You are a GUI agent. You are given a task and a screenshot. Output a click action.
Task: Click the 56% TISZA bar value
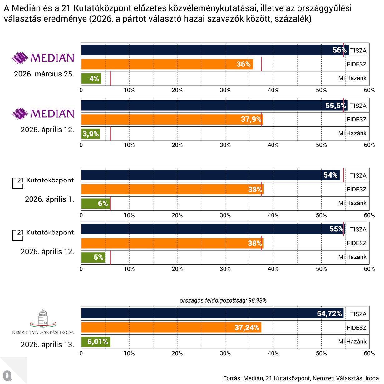coord(339,50)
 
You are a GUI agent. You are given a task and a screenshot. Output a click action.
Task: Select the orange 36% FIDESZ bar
coord(167,64)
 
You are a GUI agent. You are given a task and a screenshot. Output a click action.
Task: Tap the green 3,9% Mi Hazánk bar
coord(91,134)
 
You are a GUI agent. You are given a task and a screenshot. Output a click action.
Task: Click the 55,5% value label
coord(336,106)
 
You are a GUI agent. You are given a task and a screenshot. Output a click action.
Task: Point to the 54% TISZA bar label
coord(330,175)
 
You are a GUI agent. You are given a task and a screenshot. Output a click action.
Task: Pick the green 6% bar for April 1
coord(96,204)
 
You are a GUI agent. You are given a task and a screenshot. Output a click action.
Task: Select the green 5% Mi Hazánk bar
coord(93,257)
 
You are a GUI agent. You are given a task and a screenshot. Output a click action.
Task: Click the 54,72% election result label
coord(329,313)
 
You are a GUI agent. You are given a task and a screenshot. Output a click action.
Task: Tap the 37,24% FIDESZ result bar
coord(171,327)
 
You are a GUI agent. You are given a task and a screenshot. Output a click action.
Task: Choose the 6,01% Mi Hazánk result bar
coord(96,342)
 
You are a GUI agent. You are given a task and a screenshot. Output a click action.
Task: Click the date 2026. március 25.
coord(44,74)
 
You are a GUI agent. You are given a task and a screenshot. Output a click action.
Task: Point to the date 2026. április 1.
coord(49,199)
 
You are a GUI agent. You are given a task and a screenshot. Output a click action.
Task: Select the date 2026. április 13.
coord(47,345)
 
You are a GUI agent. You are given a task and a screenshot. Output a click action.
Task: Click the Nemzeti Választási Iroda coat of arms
coord(43,318)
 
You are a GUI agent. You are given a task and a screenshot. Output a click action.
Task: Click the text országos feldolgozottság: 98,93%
coord(223,300)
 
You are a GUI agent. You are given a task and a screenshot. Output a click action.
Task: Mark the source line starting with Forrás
coord(301,378)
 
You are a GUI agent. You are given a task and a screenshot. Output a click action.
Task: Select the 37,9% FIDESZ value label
coord(251,120)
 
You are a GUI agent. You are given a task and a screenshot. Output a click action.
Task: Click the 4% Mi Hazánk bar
coord(91,78)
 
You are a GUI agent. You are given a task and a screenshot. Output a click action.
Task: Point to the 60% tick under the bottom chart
coord(369,353)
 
